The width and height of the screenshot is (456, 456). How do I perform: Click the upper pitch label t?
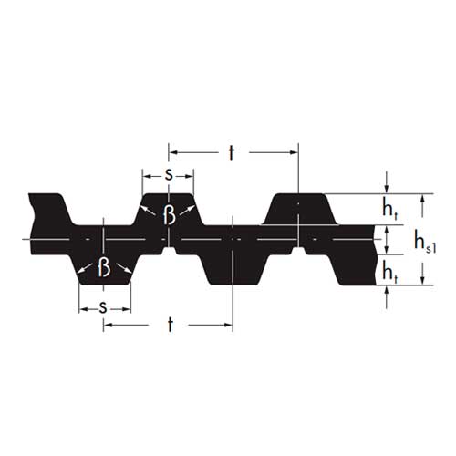(x=232, y=152)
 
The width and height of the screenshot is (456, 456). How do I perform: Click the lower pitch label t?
(x=171, y=325)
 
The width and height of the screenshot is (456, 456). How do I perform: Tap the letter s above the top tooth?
(x=169, y=175)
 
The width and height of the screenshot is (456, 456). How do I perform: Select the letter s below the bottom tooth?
(x=103, y=308)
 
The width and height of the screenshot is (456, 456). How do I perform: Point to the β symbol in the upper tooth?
(x=170, y=214)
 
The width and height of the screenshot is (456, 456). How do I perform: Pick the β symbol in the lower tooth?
(x=104, y=267)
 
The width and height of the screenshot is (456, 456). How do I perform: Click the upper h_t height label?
(x=389, y=210)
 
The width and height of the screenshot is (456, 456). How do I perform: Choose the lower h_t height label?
(x=389, y=272)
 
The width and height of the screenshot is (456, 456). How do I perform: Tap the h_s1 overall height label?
(x=425, y=242)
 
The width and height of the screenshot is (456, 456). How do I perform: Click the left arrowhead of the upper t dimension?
(x=172, y=152)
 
